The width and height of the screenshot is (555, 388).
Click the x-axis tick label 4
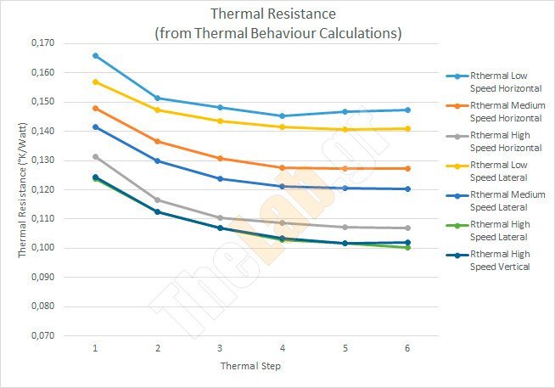(x=282, y=348)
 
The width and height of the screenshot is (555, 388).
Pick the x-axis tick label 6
(x=406, y=348)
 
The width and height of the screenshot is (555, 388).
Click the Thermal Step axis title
(x=250, y=367)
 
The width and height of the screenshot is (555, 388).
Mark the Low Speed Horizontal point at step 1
(x=95, y=56)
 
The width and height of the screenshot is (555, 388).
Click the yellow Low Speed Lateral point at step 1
(x=95, y=82)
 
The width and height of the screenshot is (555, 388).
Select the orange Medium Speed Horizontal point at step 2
(x=157, y=142)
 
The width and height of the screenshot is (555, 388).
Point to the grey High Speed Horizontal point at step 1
(x=95, y=156)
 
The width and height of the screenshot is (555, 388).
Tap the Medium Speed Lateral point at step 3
(x=220, y=179)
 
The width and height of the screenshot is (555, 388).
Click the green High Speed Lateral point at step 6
(x=406, y=247)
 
